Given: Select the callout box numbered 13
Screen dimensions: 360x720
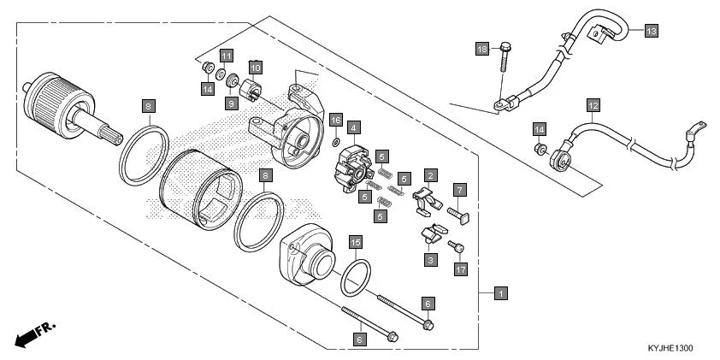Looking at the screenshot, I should click(x=651, y=31).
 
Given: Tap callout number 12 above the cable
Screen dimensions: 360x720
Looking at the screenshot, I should click(x=592, y=106).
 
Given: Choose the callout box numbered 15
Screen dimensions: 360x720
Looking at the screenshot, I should click(x=356, y=244).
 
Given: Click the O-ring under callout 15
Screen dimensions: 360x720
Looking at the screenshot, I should click(x=356, y=276).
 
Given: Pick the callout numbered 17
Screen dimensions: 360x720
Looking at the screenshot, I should click(x=460, y=269).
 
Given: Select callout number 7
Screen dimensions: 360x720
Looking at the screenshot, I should click(x=459, y=189).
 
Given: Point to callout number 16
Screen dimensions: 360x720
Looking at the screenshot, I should click(x=336, y=120).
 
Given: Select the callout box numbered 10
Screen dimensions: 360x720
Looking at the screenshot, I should click(x=255, y=66).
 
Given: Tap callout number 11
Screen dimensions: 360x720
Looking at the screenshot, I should click(x=226, y=56).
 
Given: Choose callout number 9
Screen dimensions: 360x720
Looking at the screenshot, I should click(x=231, y=103).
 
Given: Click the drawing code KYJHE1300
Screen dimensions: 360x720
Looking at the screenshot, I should click(x=670, y=349).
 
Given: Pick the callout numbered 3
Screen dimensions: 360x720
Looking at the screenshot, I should click(x=430, y=258).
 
